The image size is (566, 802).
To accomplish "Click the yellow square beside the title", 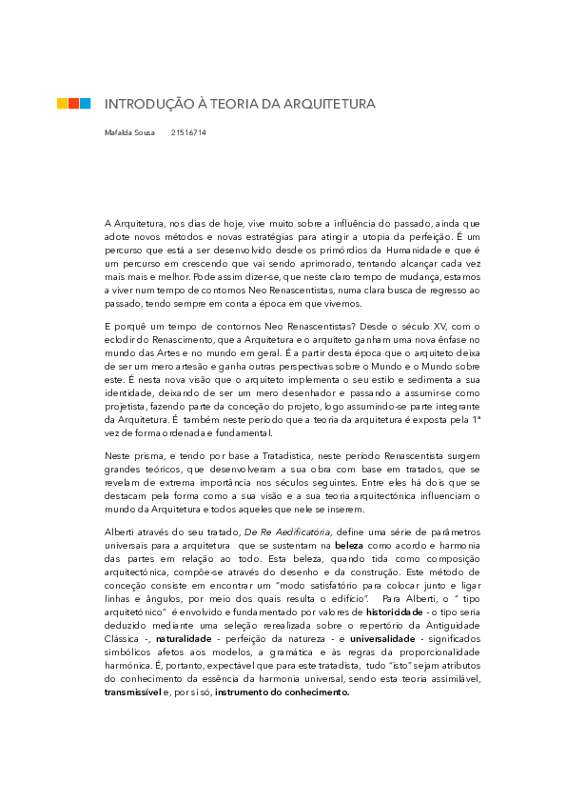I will coord(62,103).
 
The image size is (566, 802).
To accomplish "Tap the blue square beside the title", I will coord(86,103).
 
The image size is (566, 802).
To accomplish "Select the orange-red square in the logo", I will coord(73,103).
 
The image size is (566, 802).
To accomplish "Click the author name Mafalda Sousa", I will coord(130,132).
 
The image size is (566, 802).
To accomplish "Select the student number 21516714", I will coord(188,132).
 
